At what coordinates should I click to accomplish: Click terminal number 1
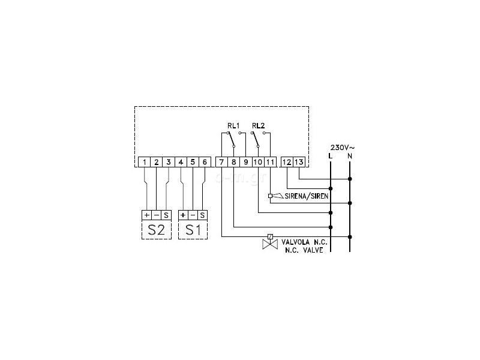point(144,162)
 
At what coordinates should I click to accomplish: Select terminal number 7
point(221,162)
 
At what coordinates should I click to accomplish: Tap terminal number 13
point(299,162)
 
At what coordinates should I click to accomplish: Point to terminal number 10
point(258,162)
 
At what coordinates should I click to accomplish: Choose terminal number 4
point(181,162)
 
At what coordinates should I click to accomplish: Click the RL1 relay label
point(233,125)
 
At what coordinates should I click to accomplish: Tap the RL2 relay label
point(259,125)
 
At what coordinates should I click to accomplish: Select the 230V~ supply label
point(343,148)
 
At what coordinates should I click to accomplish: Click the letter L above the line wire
point(330,156)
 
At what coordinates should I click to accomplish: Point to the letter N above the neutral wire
point(350,156)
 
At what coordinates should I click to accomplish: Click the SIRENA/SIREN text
point(307,196)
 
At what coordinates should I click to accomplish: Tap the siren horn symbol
point(278,196)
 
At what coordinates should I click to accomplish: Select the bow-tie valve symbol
point(270,244)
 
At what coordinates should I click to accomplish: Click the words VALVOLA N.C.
point(304,242)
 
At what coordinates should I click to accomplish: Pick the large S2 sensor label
point(157,230)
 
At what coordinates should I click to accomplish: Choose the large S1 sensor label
point(193,230)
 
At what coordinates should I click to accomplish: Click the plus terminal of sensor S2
point(146,215)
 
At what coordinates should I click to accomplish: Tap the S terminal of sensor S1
point(202,215)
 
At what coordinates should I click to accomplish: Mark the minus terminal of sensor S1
point(193,215)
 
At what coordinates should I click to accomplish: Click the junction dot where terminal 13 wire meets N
point(350,179)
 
